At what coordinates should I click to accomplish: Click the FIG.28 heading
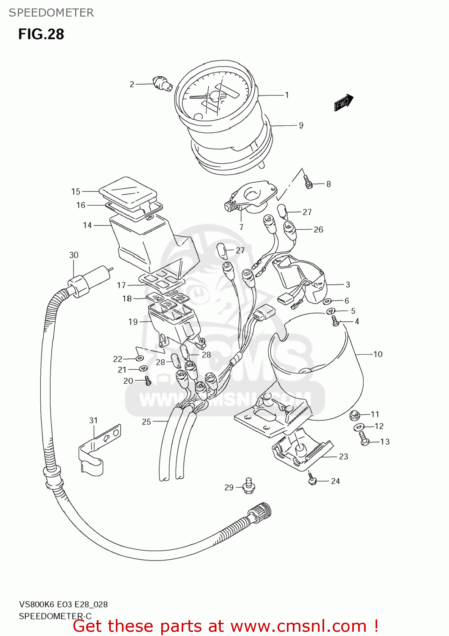click(41, 34)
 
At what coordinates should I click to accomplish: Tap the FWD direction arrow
click(343, 103)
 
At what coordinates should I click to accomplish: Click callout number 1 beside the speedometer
click(287, 95)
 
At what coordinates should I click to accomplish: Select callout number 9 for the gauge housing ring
click(301, 125)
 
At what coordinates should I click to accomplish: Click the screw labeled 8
click(309, 183)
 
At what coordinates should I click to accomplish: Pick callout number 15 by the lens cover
click(76, 192)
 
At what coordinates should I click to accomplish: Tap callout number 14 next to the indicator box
click(87, 225)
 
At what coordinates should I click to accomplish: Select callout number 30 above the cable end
click(74, 255)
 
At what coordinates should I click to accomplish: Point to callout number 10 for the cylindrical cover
click(378, 354)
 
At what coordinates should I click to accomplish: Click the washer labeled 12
click(359, 427)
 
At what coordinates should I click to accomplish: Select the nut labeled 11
click(355, 415)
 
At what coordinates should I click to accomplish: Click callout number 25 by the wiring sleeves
click(146, 421)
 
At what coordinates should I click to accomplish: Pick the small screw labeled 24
click(313, 480)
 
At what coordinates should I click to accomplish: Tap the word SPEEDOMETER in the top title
click(51, 13)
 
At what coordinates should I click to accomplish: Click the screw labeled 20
click(148, 381)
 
